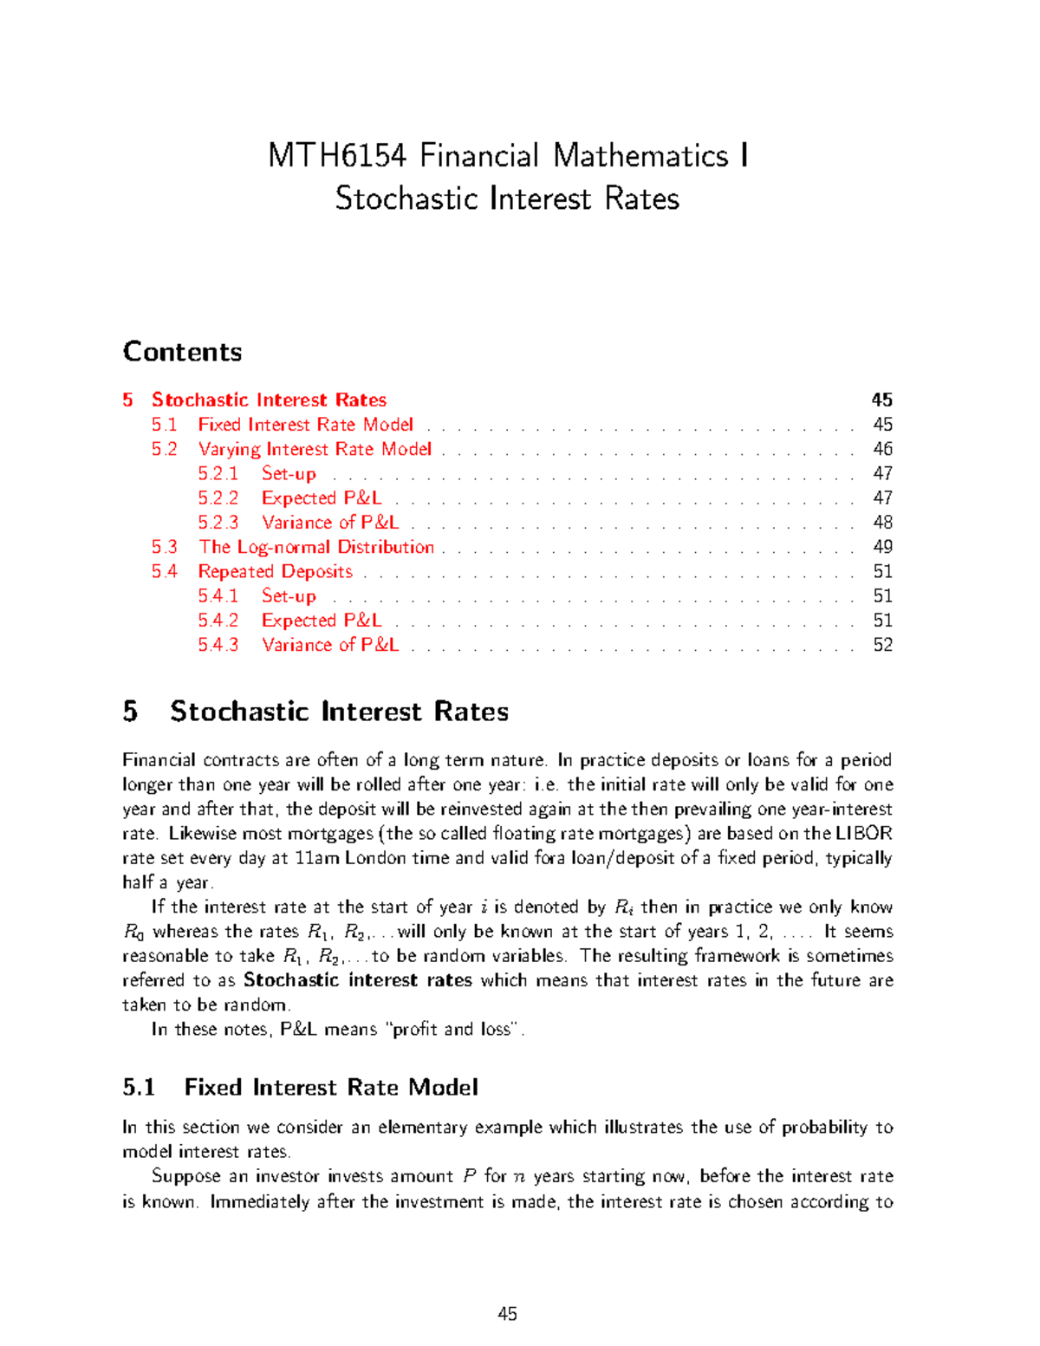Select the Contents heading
coord(182,352)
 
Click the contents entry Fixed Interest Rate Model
coord(305,425)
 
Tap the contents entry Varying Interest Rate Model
coord(315,449)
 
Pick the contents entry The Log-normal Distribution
coord(316,547)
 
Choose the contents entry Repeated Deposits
coord(275,571)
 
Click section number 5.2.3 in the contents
coord(218,523)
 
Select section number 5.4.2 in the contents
coord(218,621)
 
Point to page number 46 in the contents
coord(882,449)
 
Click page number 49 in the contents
coord(882,547)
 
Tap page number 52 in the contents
coord(882,645)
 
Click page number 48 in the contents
coord(882,523)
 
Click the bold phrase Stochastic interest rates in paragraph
coord(357,980)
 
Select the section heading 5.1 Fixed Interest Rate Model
coord(300,1088)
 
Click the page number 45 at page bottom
coord(507,1314)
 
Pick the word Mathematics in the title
coord(640,156)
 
